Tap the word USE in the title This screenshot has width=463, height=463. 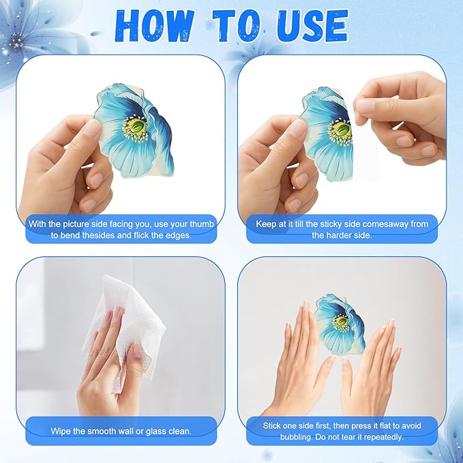coord(313,26)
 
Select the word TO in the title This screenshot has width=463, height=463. coord(237,26)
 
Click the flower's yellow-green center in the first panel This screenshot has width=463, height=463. coord(136,128)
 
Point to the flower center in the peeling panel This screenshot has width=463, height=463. coord(340,131)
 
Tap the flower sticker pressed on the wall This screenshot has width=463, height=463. coord(340,324)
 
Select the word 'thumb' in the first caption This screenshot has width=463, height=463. coord(202,224)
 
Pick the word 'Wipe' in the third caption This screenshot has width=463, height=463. coord(60,431)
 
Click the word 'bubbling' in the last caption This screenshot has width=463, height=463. coord(296,437)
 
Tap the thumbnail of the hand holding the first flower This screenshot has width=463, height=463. coord(93,128)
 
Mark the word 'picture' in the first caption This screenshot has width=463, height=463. coord(75,224)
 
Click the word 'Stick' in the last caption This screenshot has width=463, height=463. coord(271,425)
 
